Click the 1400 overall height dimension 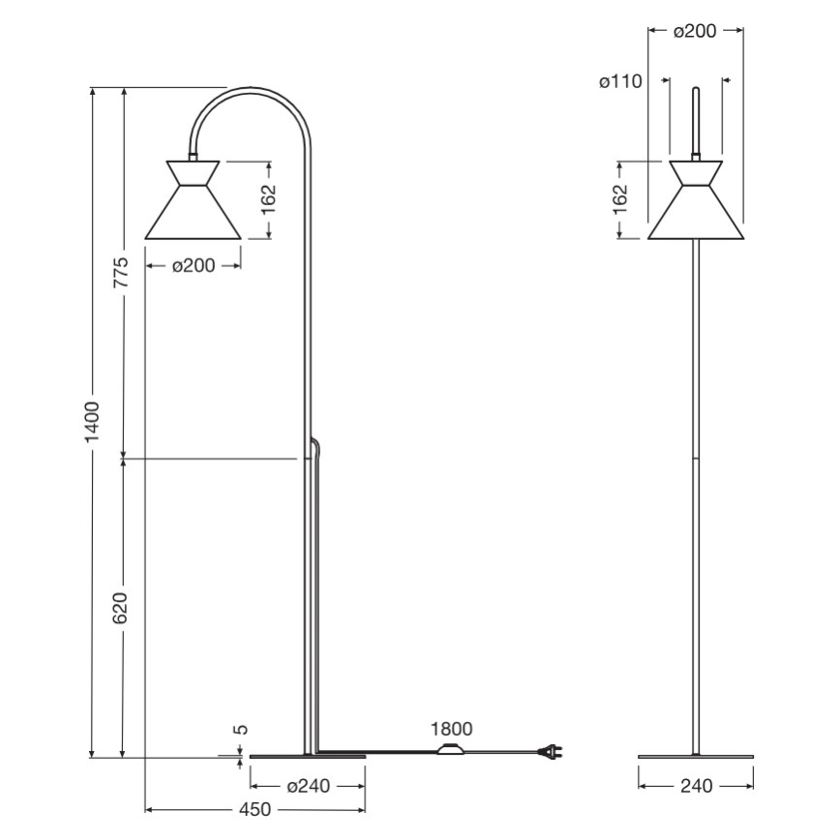92,423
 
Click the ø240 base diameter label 307,786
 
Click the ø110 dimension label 620,83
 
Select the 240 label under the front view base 696,786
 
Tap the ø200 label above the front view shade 694,31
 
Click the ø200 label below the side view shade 193,266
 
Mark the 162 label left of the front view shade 621,198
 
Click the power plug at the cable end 552,751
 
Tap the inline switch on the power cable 451,749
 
